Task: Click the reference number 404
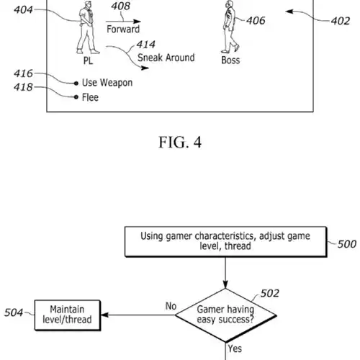coord(23,10)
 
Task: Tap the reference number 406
coord(256,21)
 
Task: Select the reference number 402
coord(341,21)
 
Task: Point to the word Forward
coord(123,29)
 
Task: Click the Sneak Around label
coord(166,58)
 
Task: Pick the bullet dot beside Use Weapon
coord(76,84)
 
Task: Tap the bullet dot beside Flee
coord(76,97)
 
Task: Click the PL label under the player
coord(88,60)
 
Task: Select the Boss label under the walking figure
coord(230,60)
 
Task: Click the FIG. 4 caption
coord(180,142)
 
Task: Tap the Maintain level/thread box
coord(68,315)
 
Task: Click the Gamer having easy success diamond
coord(225,315)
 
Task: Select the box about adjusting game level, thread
coord(225,242)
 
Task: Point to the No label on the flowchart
coord(171,306)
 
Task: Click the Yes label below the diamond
coord(235,348)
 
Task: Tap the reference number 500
coord(347,244)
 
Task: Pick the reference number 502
coord(270,293)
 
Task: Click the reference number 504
coord(14,312)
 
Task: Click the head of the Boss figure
coord(229,4)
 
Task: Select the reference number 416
coord(23,73)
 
